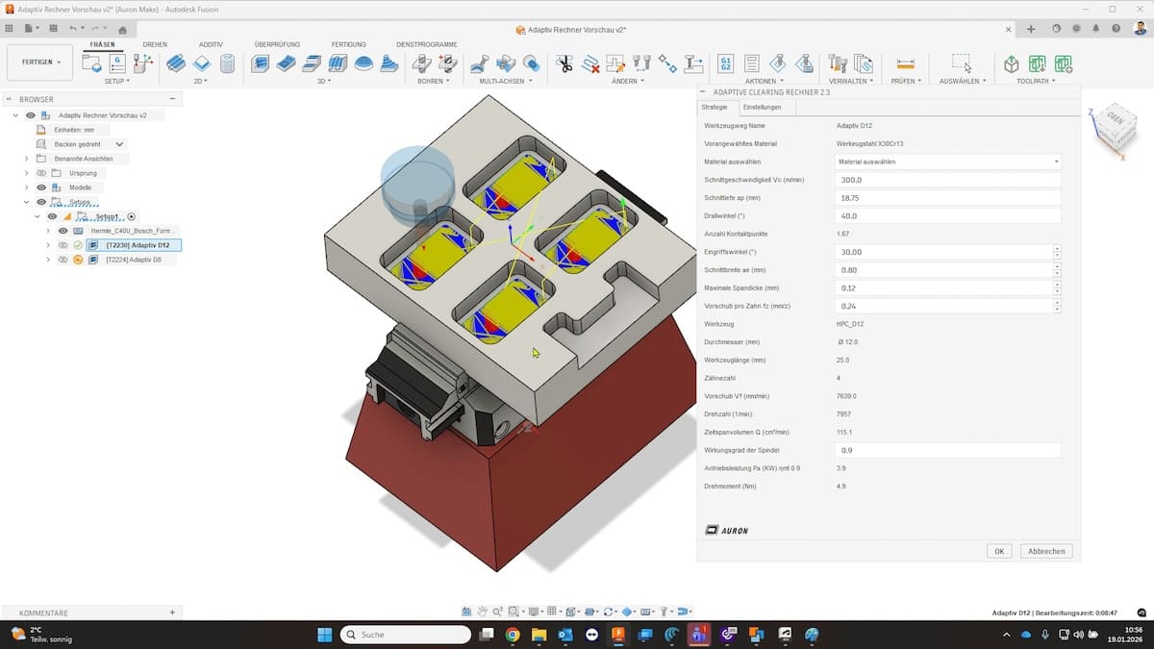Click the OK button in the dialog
[999, 551]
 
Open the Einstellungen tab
[762, 107]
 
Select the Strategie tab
[715, 107]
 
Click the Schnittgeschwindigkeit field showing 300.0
[946, 180]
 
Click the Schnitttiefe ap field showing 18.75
[946, 198]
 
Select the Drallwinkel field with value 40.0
[946, 216]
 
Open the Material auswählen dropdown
[946, 162]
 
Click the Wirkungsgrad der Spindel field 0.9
[946, 450]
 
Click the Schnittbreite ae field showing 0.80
[942, 270]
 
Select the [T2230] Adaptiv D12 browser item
[138, 245]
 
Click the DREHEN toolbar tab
[155, 44]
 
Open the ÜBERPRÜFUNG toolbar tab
[277, 44]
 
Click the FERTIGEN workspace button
[39, 62]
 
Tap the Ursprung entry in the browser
[83, 173]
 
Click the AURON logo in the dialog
[726, 530]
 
